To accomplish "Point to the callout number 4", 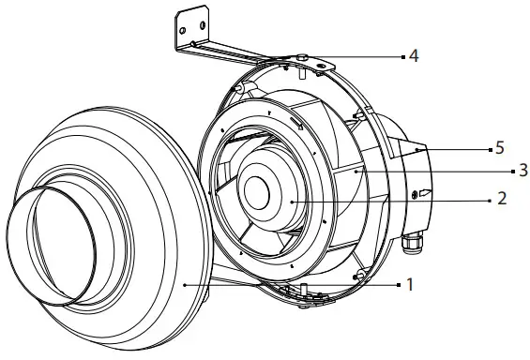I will pos(413,56).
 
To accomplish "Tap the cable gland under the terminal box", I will pos(410,247).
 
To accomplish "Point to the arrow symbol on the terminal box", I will pos(424,194).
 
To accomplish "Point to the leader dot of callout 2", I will pos(293,200).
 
